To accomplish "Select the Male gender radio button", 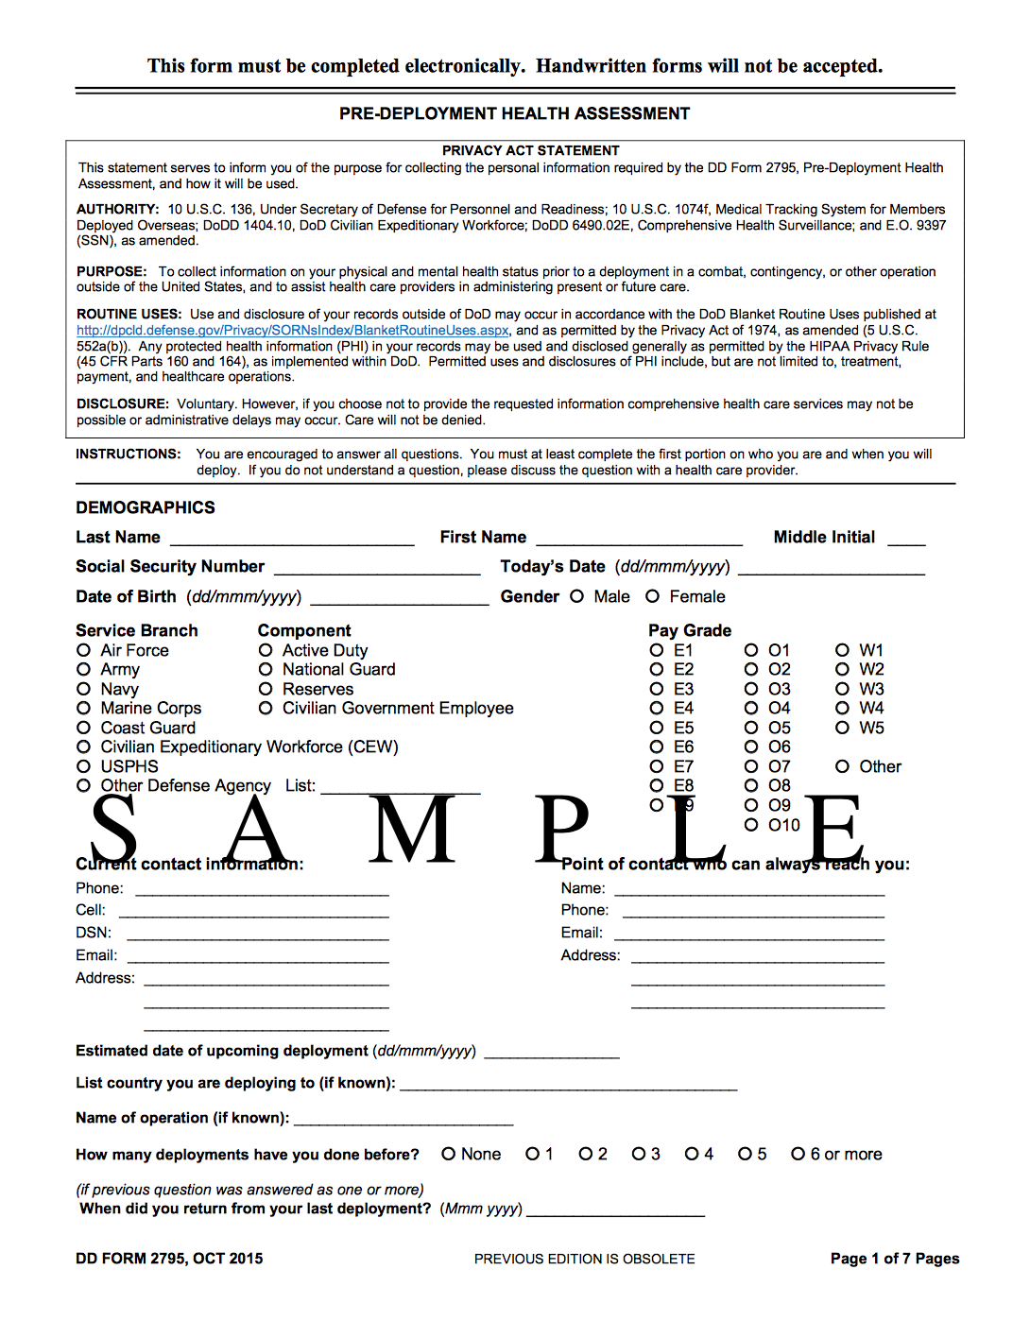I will click(576, 596).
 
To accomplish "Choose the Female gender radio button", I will click(652, 596).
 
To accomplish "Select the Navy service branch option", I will click(84, 689).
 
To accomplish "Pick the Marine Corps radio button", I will click(84, 708).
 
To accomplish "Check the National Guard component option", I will click(266, 669).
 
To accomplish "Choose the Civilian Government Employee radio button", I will click(266, 708).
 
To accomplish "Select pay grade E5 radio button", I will click(657, 728).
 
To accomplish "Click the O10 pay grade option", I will click(751, 825).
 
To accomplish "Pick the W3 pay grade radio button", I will click(842, 689).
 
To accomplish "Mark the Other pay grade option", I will click(842, 766).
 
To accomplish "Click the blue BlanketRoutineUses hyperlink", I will click(293, 331).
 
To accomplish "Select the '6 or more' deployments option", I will click(798, 1154).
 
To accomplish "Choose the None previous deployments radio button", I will click(449, 1154).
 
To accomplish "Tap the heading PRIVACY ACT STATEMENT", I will click(530, 150).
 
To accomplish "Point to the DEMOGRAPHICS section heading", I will click(146, 507).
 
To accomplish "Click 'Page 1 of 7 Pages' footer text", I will click(894, 1259).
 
